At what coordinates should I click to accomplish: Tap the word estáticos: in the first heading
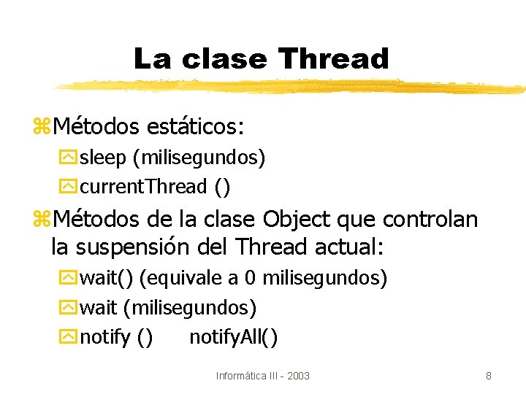(195, 127)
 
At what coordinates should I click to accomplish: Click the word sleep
(103, 157)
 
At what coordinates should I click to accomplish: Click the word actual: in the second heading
(348, 247)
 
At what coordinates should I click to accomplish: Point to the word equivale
(184, 278)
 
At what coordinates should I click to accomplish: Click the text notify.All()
(233, 337)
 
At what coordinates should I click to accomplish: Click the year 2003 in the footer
(298, 376)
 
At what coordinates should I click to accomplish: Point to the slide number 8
(488, 376)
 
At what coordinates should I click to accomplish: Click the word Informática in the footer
(243, 376)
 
